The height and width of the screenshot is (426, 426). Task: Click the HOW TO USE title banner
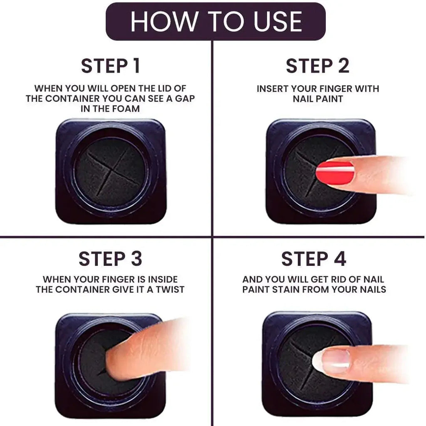[215, 22]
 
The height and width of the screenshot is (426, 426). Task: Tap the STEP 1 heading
[110, 66]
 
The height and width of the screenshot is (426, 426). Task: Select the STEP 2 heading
[317, 66]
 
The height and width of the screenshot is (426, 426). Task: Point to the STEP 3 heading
[110, 259]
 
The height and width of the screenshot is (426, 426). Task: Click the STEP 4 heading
[314, 259]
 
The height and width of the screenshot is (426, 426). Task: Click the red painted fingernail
[335, 173]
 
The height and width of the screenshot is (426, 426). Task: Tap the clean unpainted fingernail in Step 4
[331, 360]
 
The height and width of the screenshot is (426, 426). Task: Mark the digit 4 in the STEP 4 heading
[339, 259]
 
